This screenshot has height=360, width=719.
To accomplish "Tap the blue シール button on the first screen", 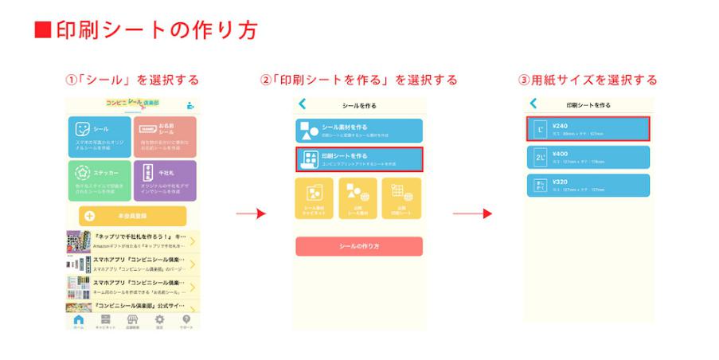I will click(100, 135).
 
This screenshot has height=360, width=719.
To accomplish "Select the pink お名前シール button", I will click(164, 135).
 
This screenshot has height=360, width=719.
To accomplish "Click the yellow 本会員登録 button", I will click(132, 216).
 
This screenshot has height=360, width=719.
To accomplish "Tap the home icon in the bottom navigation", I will click(78, 320).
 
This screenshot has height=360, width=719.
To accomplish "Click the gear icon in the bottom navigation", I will click(159, 320).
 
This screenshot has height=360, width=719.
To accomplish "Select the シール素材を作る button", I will click(359, 130).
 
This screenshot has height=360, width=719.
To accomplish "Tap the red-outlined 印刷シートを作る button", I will click(359, 159).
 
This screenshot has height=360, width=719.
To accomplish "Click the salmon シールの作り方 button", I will click(359, 246).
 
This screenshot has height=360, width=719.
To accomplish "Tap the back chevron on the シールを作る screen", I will click(303, 104).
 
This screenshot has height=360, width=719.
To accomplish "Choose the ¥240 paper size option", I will click(590, 128).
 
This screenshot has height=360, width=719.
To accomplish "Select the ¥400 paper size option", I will click(590, 157).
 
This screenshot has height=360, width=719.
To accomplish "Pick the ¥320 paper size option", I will click(590, 185).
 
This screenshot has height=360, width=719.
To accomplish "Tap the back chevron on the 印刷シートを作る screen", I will click(533, 104).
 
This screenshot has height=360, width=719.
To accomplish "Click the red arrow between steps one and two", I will click(250, 213).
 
